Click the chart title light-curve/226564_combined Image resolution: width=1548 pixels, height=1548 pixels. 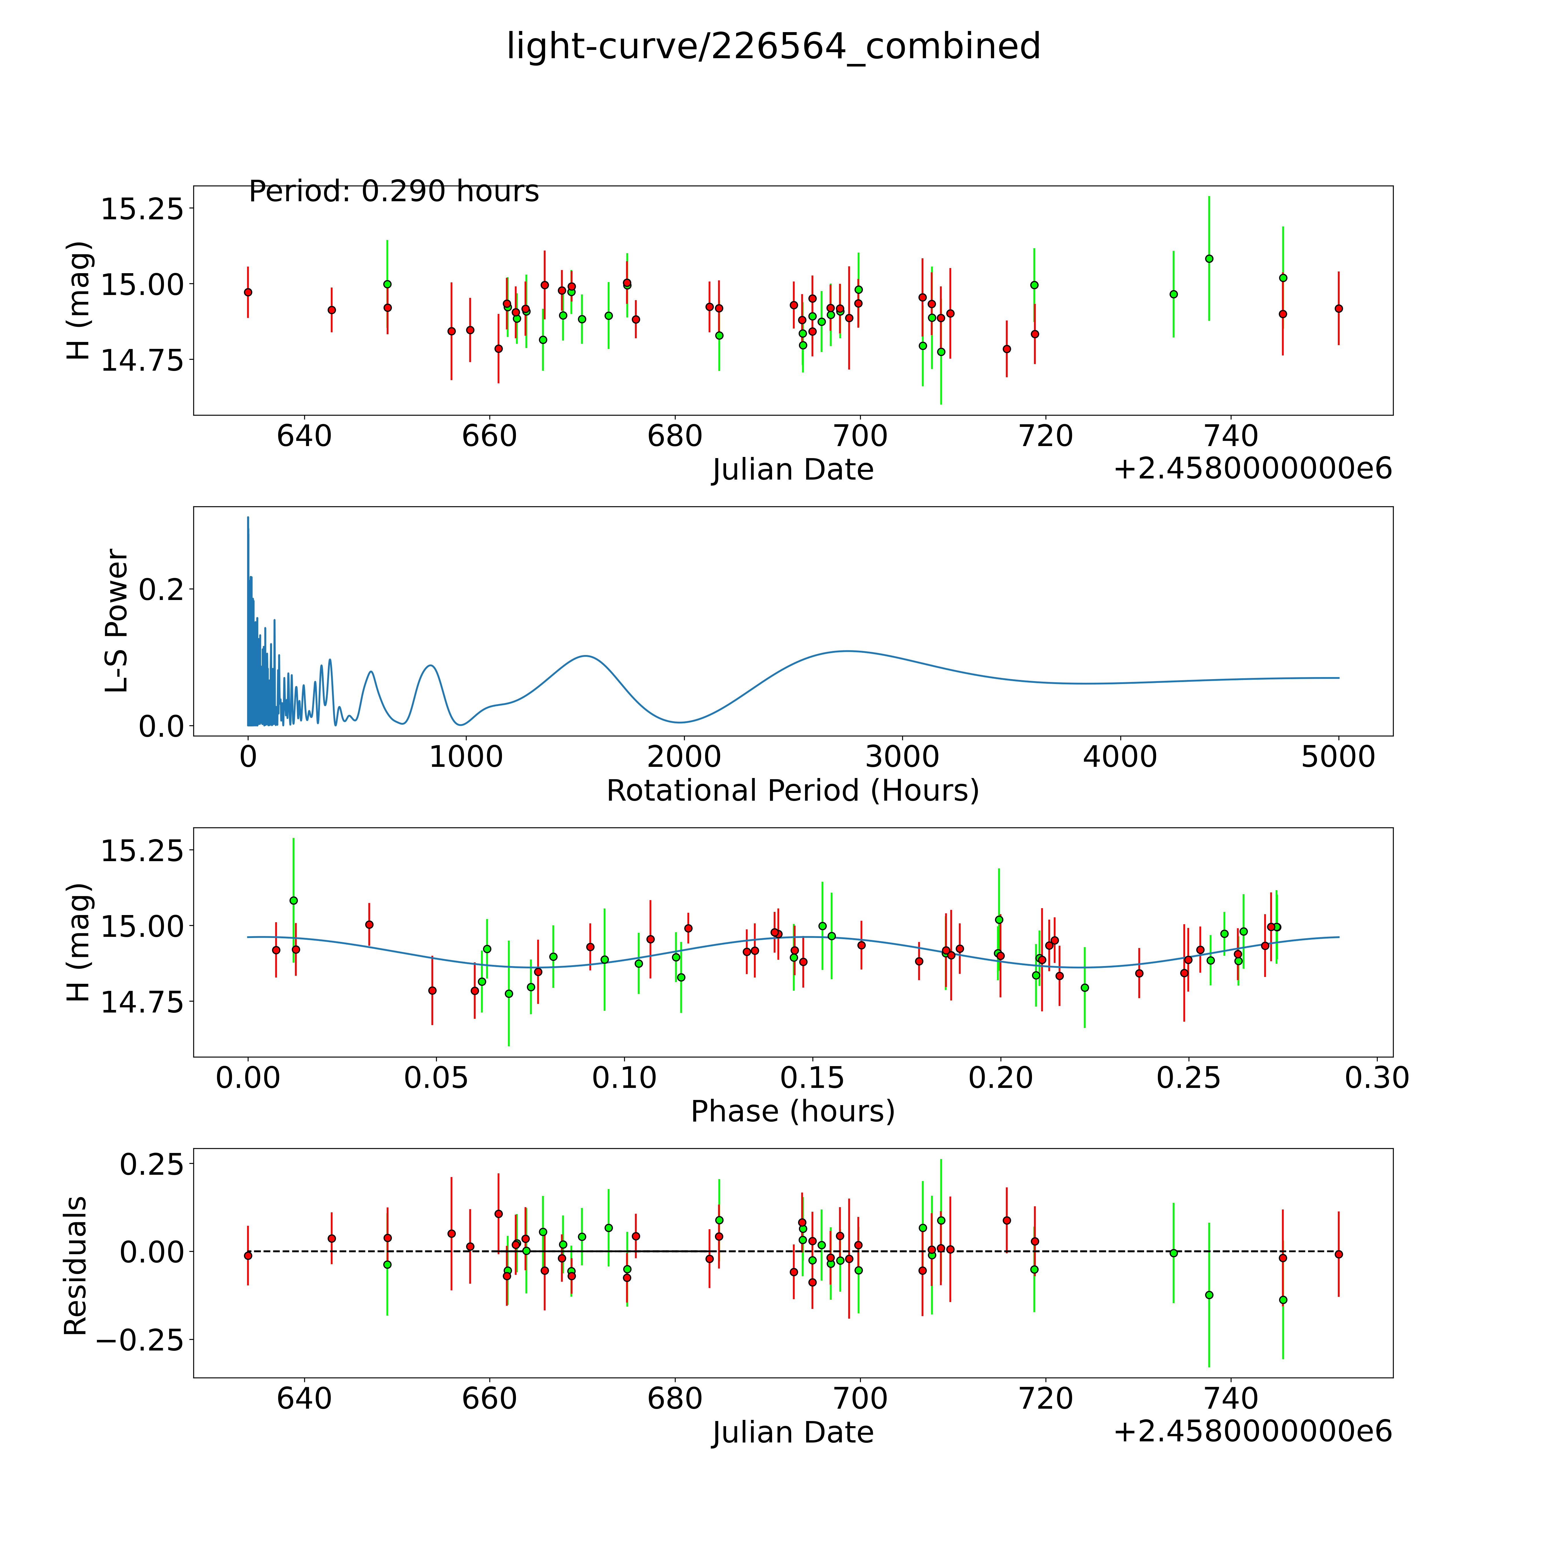click(773, 46)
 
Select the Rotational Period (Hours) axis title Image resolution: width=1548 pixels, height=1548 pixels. click(792, 791)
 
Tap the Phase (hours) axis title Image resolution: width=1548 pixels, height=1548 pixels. click(792, 1111)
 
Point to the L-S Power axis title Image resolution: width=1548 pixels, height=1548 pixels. click(117, 621)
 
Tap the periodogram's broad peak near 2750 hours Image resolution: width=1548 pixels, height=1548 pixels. click(848, 651)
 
